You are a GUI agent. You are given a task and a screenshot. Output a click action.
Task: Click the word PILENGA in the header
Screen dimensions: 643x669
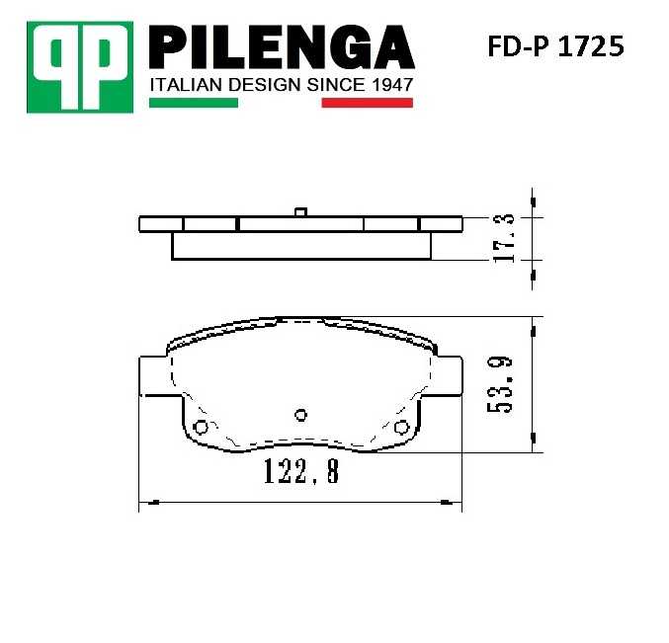click(x=281, y=46)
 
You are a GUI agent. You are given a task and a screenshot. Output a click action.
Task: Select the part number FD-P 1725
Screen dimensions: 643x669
click(x=555, y=46)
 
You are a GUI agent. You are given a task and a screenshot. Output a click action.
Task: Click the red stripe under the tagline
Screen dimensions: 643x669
click(x=367, y=103)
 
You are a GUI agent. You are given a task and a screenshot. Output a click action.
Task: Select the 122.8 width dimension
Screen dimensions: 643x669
click(x=300, y=473)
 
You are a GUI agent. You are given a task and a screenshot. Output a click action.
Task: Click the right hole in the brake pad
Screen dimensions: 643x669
click(x=401, y=427)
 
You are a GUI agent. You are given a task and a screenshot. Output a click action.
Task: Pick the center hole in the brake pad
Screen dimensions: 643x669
click(x=302, y=415)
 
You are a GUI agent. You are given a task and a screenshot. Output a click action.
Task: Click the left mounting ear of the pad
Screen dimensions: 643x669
click(x=153, y=377)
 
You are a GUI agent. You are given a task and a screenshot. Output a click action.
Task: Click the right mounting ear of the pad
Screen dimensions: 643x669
click(x=450, y=377)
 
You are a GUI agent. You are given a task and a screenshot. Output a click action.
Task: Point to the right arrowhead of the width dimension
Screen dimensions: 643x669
click(x=456, y=504)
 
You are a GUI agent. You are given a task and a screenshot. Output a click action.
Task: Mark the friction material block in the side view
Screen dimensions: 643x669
click(x=301, y=246)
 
